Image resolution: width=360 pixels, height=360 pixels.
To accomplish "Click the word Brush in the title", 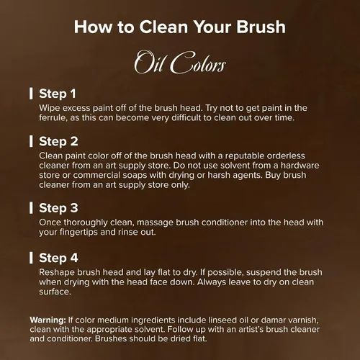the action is pos(261,27).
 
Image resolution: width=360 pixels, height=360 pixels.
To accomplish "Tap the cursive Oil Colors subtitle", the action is pos(180,62).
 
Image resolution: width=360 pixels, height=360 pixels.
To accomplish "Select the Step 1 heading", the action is pos(58,94).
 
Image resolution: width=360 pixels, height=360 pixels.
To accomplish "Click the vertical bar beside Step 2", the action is pos(31,141).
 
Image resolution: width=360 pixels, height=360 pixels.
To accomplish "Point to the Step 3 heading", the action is pos(58,208).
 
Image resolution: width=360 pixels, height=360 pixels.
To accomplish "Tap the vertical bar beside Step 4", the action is pos(31,258).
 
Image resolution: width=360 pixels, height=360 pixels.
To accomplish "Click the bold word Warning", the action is pos(48,320).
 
